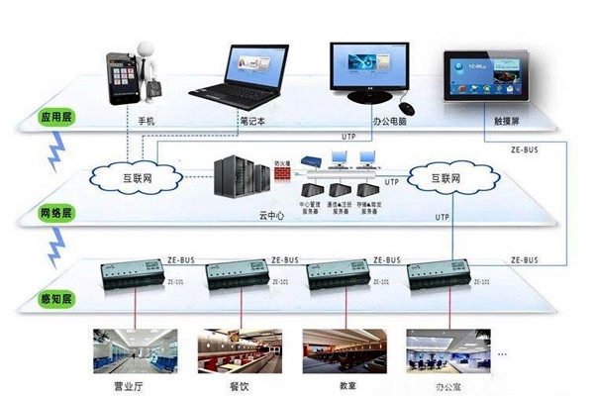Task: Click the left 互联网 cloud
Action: (135, 180)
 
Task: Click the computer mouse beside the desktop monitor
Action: (406, 105)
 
